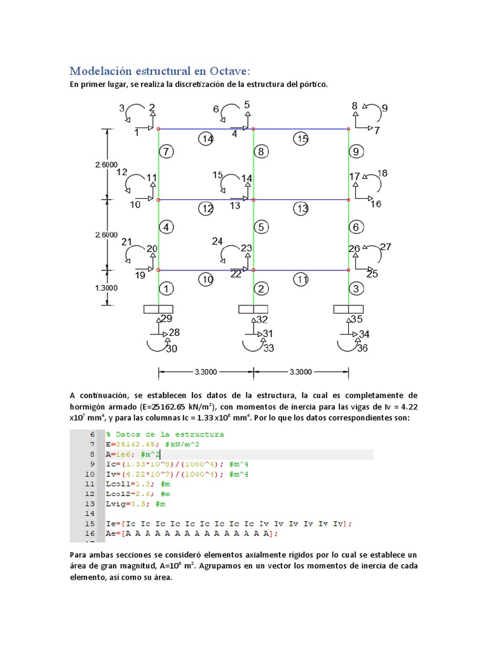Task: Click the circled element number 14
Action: click(x=206, y=138)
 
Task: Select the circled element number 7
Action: click(x=165, y=152)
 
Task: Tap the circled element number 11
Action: click(x=302, y=279)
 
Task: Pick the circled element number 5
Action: click(x=261, y=227)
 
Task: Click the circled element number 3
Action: click(x=356, y=289)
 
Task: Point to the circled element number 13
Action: click(x=302, y=208)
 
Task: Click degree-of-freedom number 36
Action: click(x=362, y=348)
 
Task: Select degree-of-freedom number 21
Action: click(x=127, y=242)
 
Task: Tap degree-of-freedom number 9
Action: click(x=384, y=108)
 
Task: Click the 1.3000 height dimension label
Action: click(x=106, y=287)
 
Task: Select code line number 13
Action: click(x=91, y=503)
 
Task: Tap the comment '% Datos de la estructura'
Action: click(x=165, y=434)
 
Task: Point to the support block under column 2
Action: click(x=253, y=309)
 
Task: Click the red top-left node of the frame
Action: click(x=158, y=129)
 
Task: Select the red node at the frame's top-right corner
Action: click(x=348, y=129)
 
